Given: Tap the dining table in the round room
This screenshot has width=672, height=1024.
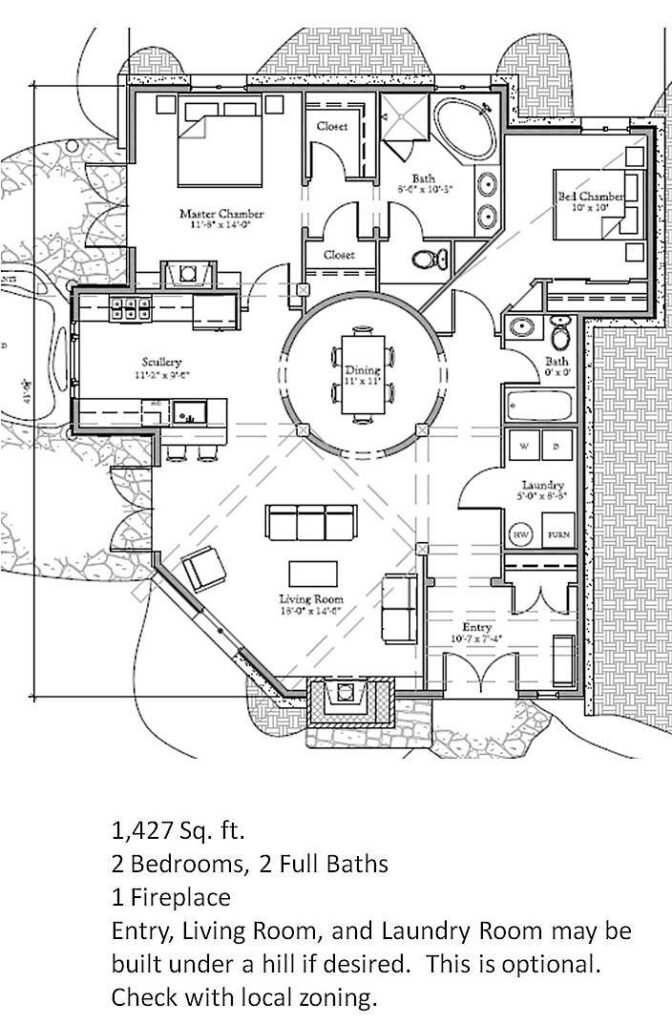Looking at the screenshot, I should click(x=362, y=373).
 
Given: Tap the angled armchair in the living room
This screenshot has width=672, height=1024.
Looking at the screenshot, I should click(x=206, y=571).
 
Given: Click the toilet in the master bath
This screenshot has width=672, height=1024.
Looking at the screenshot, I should click(x=427, y=261).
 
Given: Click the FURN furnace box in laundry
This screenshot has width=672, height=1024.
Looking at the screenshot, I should click(x=556, y=534).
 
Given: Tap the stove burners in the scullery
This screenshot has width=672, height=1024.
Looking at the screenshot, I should click(x=129, y=308).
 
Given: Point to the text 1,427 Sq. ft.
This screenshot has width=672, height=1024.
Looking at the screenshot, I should click(x=178, y=829).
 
